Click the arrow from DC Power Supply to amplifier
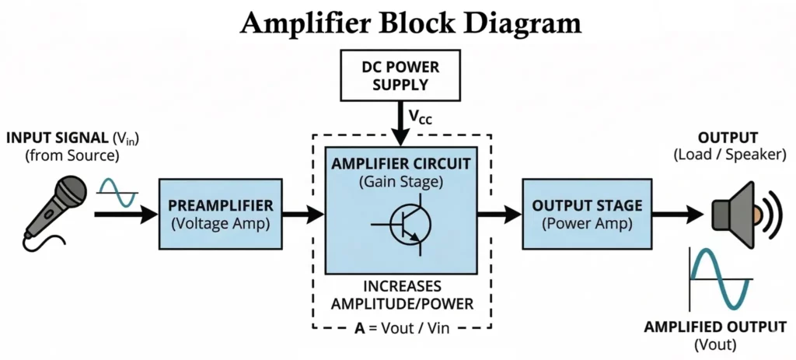pos(400,124)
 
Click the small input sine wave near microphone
pos(117,193)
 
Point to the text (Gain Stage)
pos(400,182)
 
